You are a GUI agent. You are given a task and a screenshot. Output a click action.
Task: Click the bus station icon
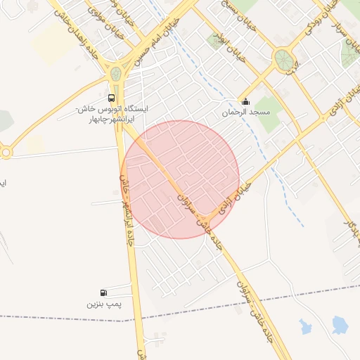[x=112, y=98]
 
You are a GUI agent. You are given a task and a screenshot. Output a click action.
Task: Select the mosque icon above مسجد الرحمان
[x=245, y=102]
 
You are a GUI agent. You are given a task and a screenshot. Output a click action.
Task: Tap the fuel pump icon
[x=104, y=292]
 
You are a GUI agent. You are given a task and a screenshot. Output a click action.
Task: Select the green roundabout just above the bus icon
[x=116, y=74]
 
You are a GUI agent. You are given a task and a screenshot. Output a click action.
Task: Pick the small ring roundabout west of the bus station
[x=5, y=151]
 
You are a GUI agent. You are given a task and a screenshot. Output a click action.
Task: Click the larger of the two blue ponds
[x=340, y=324]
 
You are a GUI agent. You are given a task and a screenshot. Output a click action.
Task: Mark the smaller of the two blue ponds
[x=305, y=326]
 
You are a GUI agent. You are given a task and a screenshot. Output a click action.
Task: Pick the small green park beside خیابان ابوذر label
[x=215, y=39]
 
